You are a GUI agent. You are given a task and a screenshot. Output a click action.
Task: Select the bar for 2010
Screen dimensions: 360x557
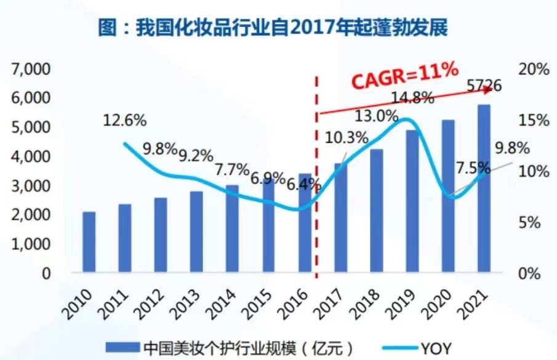pos(89,242)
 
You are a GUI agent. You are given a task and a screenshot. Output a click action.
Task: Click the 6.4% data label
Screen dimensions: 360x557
pos(301,183)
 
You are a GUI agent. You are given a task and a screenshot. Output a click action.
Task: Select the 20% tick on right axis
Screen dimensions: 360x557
pos(532,69)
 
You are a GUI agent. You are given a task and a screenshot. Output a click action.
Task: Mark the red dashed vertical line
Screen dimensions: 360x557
pos(316,178)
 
